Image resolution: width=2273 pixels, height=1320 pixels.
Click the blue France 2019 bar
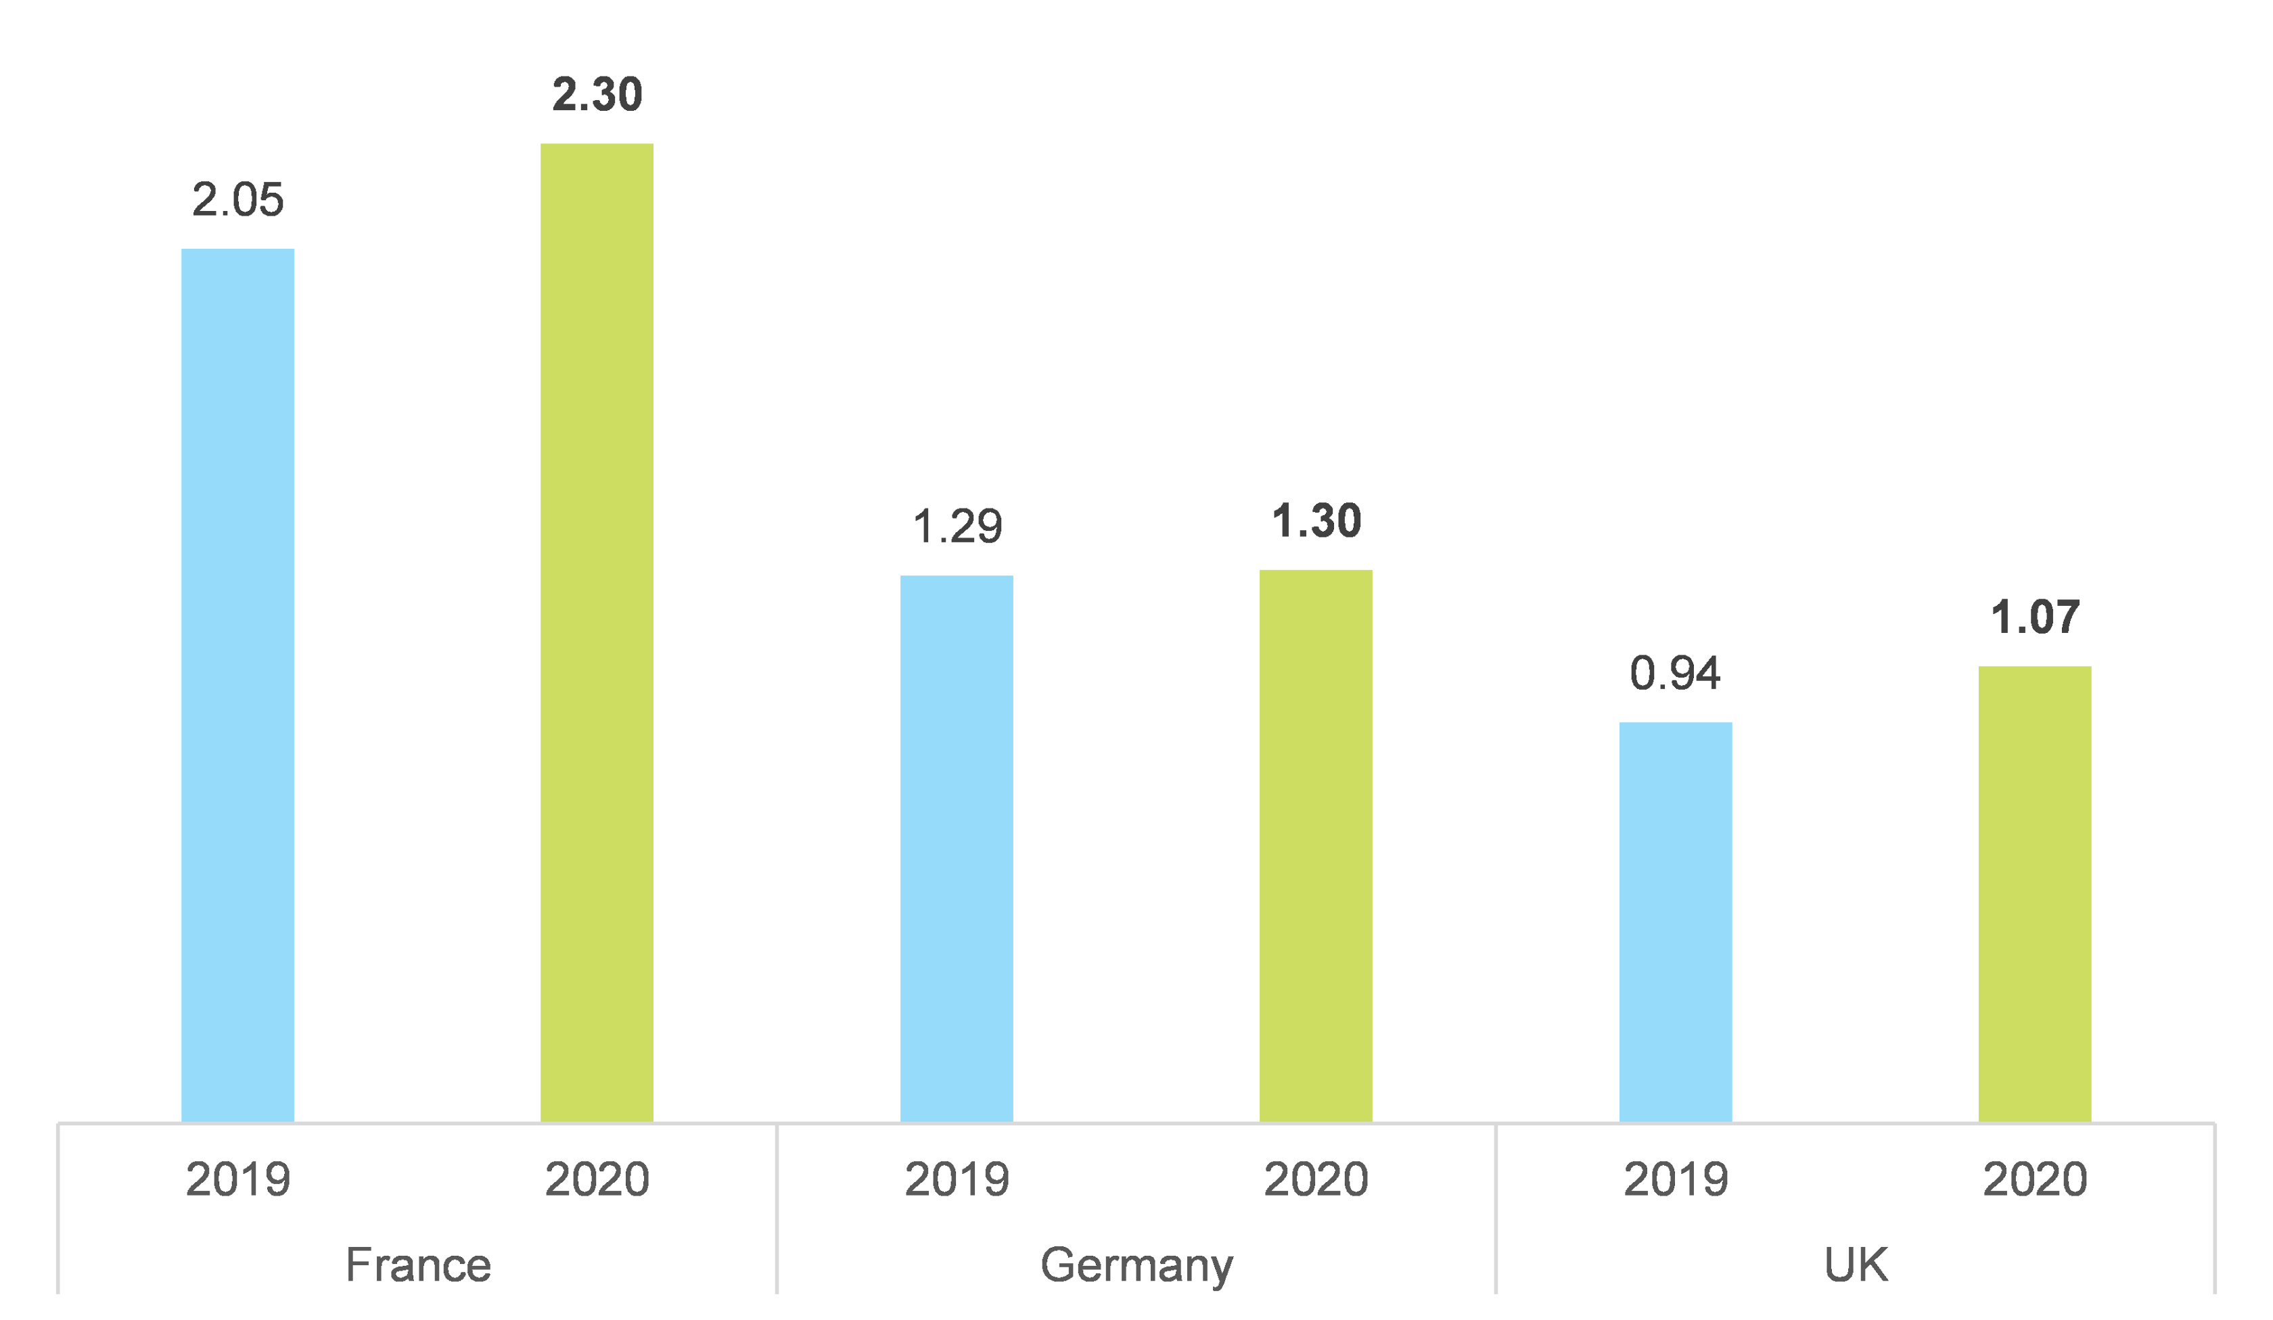(x=237, y=685)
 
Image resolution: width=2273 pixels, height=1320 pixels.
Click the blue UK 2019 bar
(x=1675, y=922)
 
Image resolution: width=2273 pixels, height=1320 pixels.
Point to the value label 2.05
(x=237, y=199)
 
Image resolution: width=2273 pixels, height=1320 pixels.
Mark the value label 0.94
(x=1675, y=674)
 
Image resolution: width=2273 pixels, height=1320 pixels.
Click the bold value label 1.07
(x=2034, y=617)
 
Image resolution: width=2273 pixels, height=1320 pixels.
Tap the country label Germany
(x=1136, y=1266)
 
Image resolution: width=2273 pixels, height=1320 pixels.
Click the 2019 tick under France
(x=237, y=1179)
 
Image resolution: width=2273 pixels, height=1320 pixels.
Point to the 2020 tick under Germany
(x=1315, y=1179)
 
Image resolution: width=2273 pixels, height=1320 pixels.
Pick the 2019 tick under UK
(x=1675, y=1179)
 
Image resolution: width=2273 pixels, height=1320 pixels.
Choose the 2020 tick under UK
(x=2034, y=1179)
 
